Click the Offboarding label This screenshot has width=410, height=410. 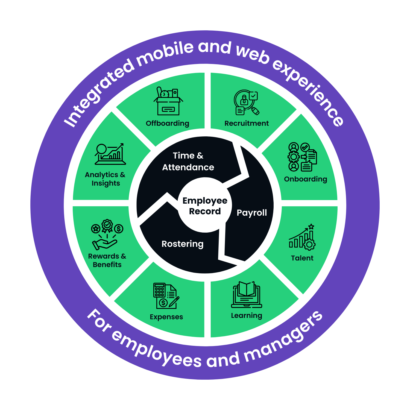pyautogui.click(x=167, y=123)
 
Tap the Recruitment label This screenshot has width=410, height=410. pyautogui.click(x=247, y=123)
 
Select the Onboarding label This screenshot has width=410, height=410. pyautogui.click(x=305, y=179)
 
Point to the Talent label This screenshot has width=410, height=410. pyautogui.click(x=302, y=258)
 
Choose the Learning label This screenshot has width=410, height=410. pyautogui.click(x=247, y=315)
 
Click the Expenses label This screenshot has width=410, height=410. pyautogui.click(x=166, y=317)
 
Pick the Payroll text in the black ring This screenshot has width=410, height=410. pyautogui.click(x=252, y=213)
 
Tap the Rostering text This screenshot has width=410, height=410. pyautogui.click(x=182, y=244)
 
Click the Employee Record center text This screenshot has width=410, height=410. pyautogui.click(x=205, y=206)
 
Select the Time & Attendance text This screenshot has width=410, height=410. pyautogui.click(x=188, y=161)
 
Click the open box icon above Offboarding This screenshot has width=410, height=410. pyautogui.click(x=168, y=101)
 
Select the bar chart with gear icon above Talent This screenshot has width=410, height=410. pyautogui.click(x=302, y=237)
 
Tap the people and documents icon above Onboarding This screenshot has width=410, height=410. pyautogui.click(x=302, y=157)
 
